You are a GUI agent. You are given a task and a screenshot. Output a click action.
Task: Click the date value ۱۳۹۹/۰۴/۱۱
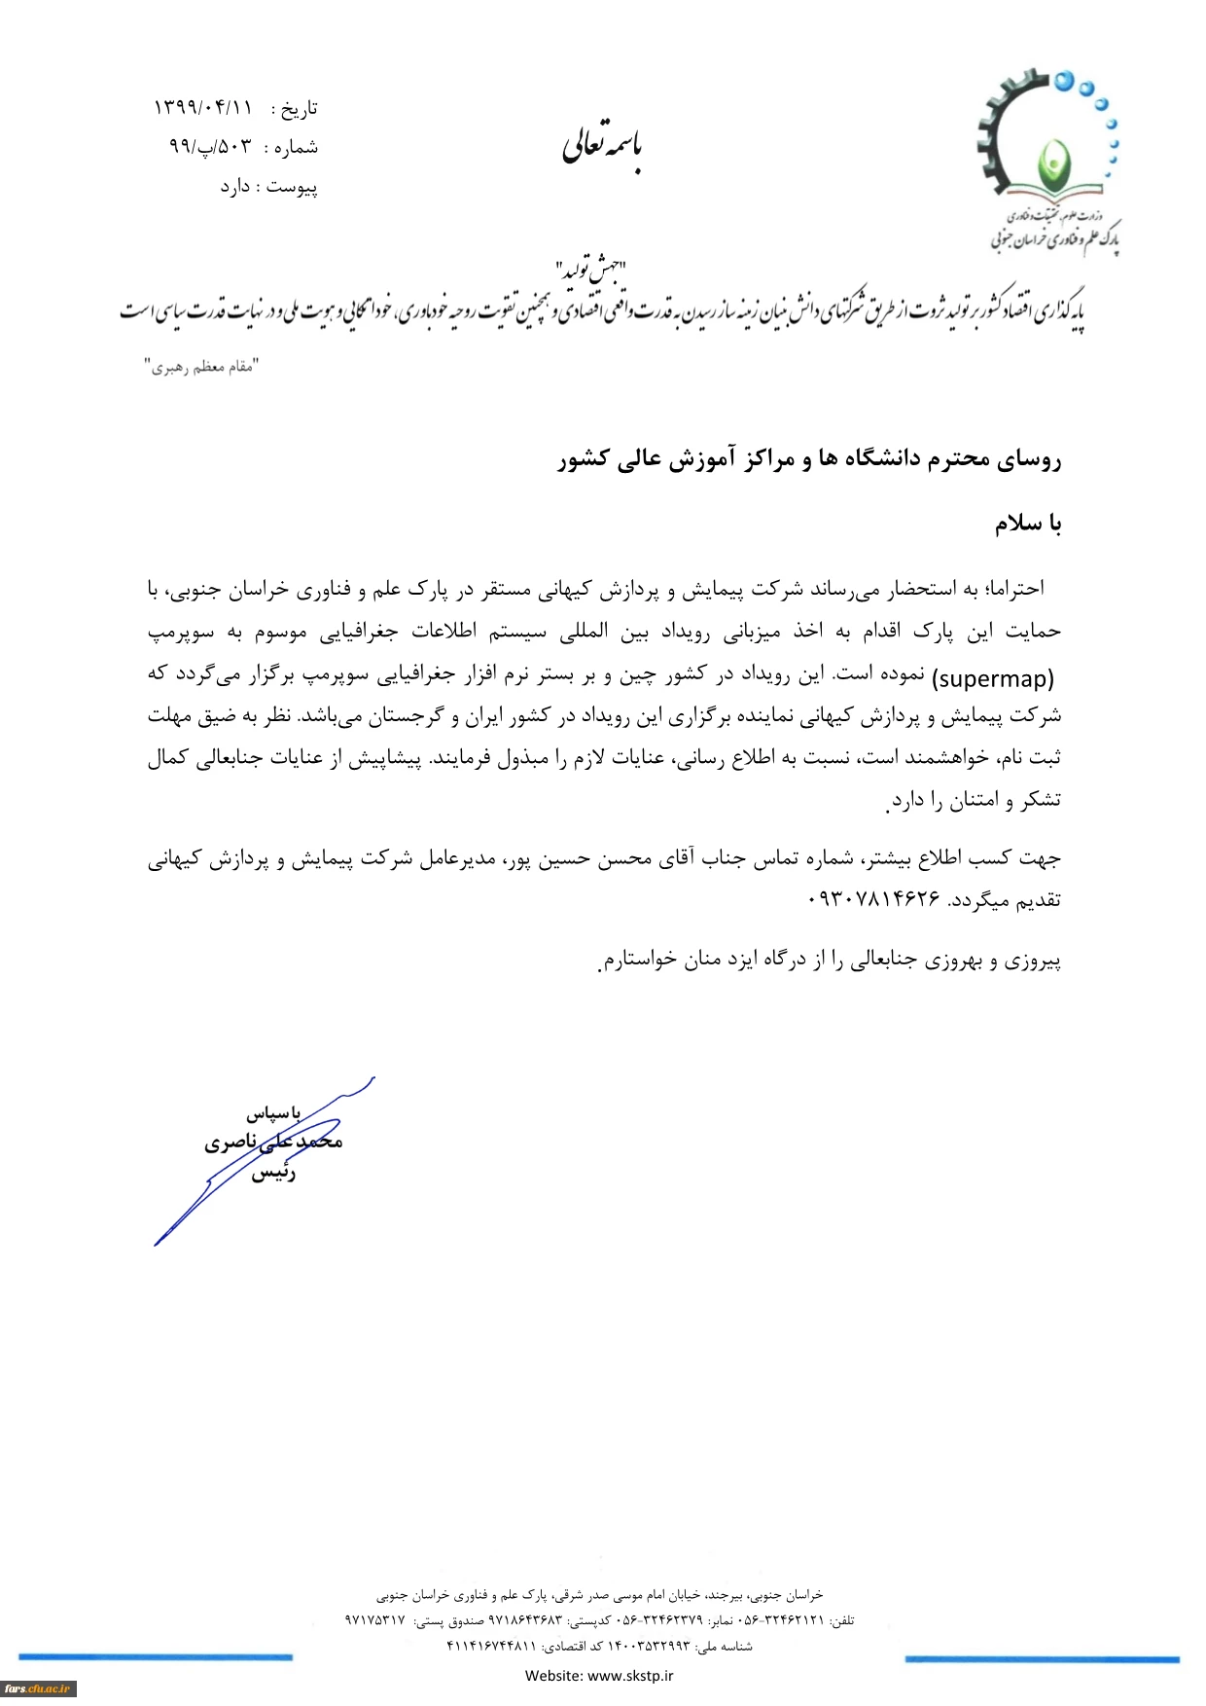202,107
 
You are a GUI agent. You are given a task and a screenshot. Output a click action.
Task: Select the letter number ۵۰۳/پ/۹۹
210,147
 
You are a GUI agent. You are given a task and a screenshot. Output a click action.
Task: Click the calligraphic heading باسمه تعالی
602,146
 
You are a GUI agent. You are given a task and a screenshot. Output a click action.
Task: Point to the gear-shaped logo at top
1046,136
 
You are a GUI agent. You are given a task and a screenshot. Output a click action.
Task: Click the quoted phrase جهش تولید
591,269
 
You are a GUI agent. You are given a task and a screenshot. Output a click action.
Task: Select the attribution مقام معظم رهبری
202,367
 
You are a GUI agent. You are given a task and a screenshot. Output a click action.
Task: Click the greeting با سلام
1027,524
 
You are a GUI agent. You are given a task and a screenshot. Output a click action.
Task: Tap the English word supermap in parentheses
993,678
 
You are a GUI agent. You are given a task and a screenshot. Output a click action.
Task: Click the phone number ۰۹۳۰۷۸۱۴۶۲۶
873,899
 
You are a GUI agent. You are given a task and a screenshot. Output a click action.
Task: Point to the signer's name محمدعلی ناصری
273,1142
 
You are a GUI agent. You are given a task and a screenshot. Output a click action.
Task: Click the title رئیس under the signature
273,1174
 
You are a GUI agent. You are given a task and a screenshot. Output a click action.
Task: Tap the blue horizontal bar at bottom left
156,1656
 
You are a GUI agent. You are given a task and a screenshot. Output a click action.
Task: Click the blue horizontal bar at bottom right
1042,1658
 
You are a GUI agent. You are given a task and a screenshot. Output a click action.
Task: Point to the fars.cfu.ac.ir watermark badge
38,1688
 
